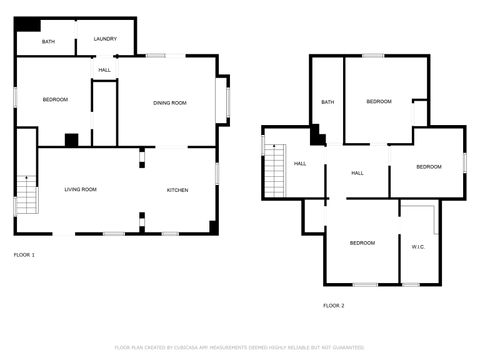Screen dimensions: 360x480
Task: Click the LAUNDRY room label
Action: [x=105, y=39]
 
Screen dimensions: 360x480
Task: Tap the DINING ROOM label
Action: [x=170, y=103]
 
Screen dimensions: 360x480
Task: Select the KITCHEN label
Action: [x=177, y=189]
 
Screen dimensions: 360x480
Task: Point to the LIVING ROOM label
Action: [x=80, y=189]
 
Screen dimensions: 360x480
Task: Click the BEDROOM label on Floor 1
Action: [x=55, y=99]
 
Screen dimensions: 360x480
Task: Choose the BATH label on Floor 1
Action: [x=48, y=43]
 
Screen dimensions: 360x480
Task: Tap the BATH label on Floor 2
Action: [x=327, y=102]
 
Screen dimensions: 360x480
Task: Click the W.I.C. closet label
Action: [x=418, y=246]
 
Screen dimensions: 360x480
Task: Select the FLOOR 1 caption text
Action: [x=24, y=255]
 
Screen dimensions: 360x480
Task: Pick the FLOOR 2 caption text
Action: [x=333, y=305]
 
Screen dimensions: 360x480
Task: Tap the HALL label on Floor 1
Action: [x=104, y=69]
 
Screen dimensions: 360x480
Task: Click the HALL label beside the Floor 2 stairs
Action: [x=299, y=163]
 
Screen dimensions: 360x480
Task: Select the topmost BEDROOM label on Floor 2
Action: [x=378, y=102]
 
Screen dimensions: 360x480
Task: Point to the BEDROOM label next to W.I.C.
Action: [x=362, y=243]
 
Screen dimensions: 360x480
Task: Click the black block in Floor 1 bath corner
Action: [x=29, y=24]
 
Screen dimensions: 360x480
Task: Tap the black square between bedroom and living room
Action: [x=71, y=140]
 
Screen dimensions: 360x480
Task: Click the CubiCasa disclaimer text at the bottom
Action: [x=239, y=348]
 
